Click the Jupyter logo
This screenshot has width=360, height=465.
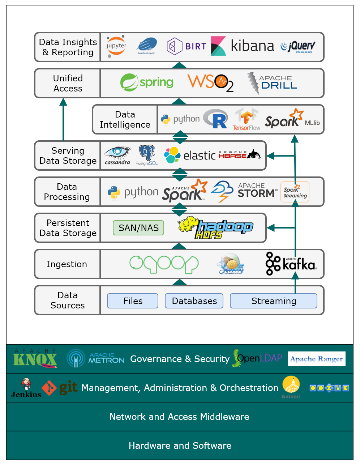pyautogui.click(x=116, y=47)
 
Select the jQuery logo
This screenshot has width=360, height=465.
pyautogui.click(x=298, y=47)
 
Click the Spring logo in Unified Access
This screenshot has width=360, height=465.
pyautogui.click(x=147, y=82)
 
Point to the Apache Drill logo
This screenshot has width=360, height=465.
pyautogui.click(x=272, y=83)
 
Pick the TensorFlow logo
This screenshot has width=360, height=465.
pyautogui.click(x=247, y=120)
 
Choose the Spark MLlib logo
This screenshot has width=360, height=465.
pyautogui.click(x=292, y=119)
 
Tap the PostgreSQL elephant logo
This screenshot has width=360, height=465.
pyautogui.click(x=147, y=155)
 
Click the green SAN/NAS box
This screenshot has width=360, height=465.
pyautogui.click(x=138, y=228)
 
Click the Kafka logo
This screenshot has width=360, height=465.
pyautogui.click(x=291, y=264)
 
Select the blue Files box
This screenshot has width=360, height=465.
pyautogui.click(x=133, y=301)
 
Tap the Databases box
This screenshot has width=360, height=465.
pyautogui.click(x=194, y=301)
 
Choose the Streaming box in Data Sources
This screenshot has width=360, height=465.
pyautogui.click(x=273, y=301)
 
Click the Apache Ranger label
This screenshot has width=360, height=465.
pyautogui.click(x=316, y=359)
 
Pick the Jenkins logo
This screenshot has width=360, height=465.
pyautogui.click(x=26, y=388)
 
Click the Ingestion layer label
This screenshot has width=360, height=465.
pyautogui.click(x=67, y=264)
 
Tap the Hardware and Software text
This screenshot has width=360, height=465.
pyautogui.click(x=180, y=445)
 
